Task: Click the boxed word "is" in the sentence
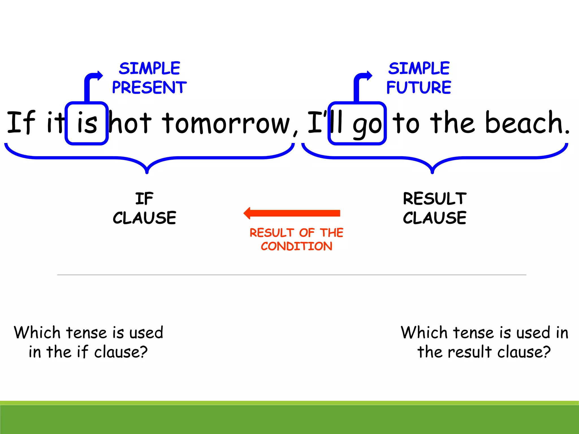click(87, 123)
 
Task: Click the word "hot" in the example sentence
click(130, 123)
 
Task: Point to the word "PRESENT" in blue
click(149, 87)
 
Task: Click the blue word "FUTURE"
click(419, 87)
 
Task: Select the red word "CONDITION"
click(296, 246)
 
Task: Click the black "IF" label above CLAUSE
click(144, 199)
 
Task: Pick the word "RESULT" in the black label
click(435, 199)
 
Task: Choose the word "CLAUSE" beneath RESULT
click(435, 218)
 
